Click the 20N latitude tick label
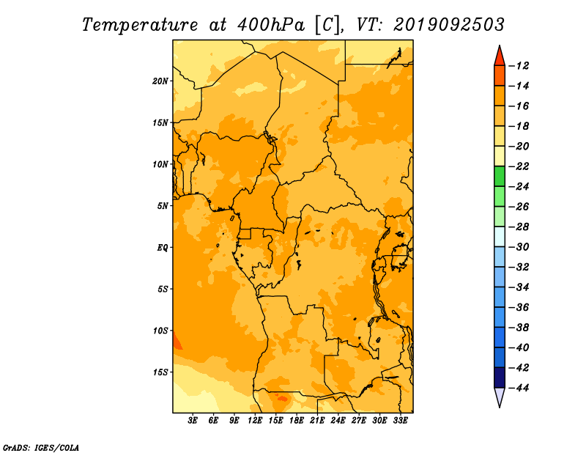tap(160, 81)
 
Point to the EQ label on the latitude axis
tap(162, 248)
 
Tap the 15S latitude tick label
tap(160, 372)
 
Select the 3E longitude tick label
tap(193, 420)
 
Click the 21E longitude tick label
tap(317, 420)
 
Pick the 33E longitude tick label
tap(400, 420)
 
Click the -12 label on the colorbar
tap(519, 66)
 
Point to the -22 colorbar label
tap(519, 166)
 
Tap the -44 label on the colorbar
tap(519, 388)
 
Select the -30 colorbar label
tap(519, 247)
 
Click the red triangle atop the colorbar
tap(500, 57)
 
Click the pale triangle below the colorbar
tap(500, 397)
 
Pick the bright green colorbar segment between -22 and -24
tap(500, 176)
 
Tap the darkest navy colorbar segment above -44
tap(500, 377)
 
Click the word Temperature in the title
tap(140, 25)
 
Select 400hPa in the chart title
tap(271, 25)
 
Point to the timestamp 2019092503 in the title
tap(448, 25)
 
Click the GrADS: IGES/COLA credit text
tap(41, 448)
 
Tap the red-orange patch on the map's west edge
tap(177, 342)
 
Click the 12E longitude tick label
tap(254, 420)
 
